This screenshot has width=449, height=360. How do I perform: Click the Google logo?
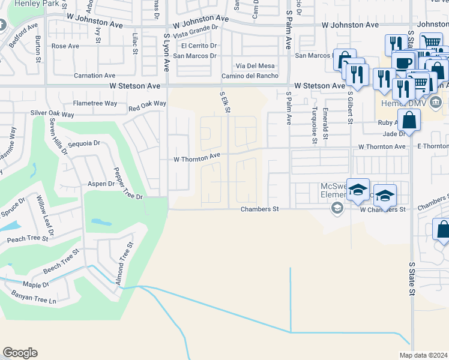20,353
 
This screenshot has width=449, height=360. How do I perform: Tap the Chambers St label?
260,209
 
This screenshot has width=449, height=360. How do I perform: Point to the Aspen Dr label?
101,184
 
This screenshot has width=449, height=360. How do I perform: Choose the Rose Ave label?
65,46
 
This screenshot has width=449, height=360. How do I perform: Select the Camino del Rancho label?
250,76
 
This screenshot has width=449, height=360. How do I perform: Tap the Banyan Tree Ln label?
33,297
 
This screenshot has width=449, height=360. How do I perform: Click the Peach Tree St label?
27,239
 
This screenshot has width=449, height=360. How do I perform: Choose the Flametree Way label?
95,103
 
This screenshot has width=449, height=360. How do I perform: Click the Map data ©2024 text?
424,355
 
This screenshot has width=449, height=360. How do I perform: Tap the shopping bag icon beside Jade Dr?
409,120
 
